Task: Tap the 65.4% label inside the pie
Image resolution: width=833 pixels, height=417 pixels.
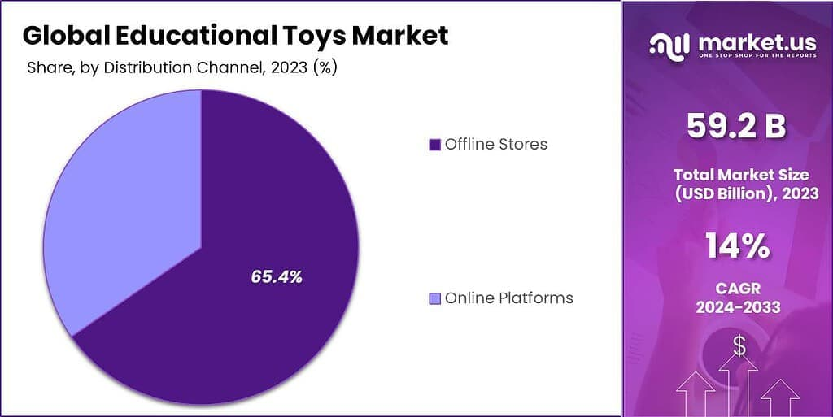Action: point(277,277)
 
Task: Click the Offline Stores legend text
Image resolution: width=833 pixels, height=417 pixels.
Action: point(495,145)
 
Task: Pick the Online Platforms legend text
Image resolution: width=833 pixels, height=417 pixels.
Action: point(508,298)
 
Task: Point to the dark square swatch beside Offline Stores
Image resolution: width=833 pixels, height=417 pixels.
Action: point(434,145)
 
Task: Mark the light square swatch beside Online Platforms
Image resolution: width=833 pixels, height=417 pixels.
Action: point(434,298)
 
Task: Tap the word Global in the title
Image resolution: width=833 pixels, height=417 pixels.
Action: point(56,35)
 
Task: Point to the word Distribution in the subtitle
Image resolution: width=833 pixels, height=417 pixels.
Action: point(155,68)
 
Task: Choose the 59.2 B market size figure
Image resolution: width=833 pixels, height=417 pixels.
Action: point(736,126)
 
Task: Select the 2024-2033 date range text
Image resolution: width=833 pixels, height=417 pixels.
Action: point(738,307)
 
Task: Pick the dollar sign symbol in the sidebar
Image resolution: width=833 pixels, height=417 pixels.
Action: point(739,347)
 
